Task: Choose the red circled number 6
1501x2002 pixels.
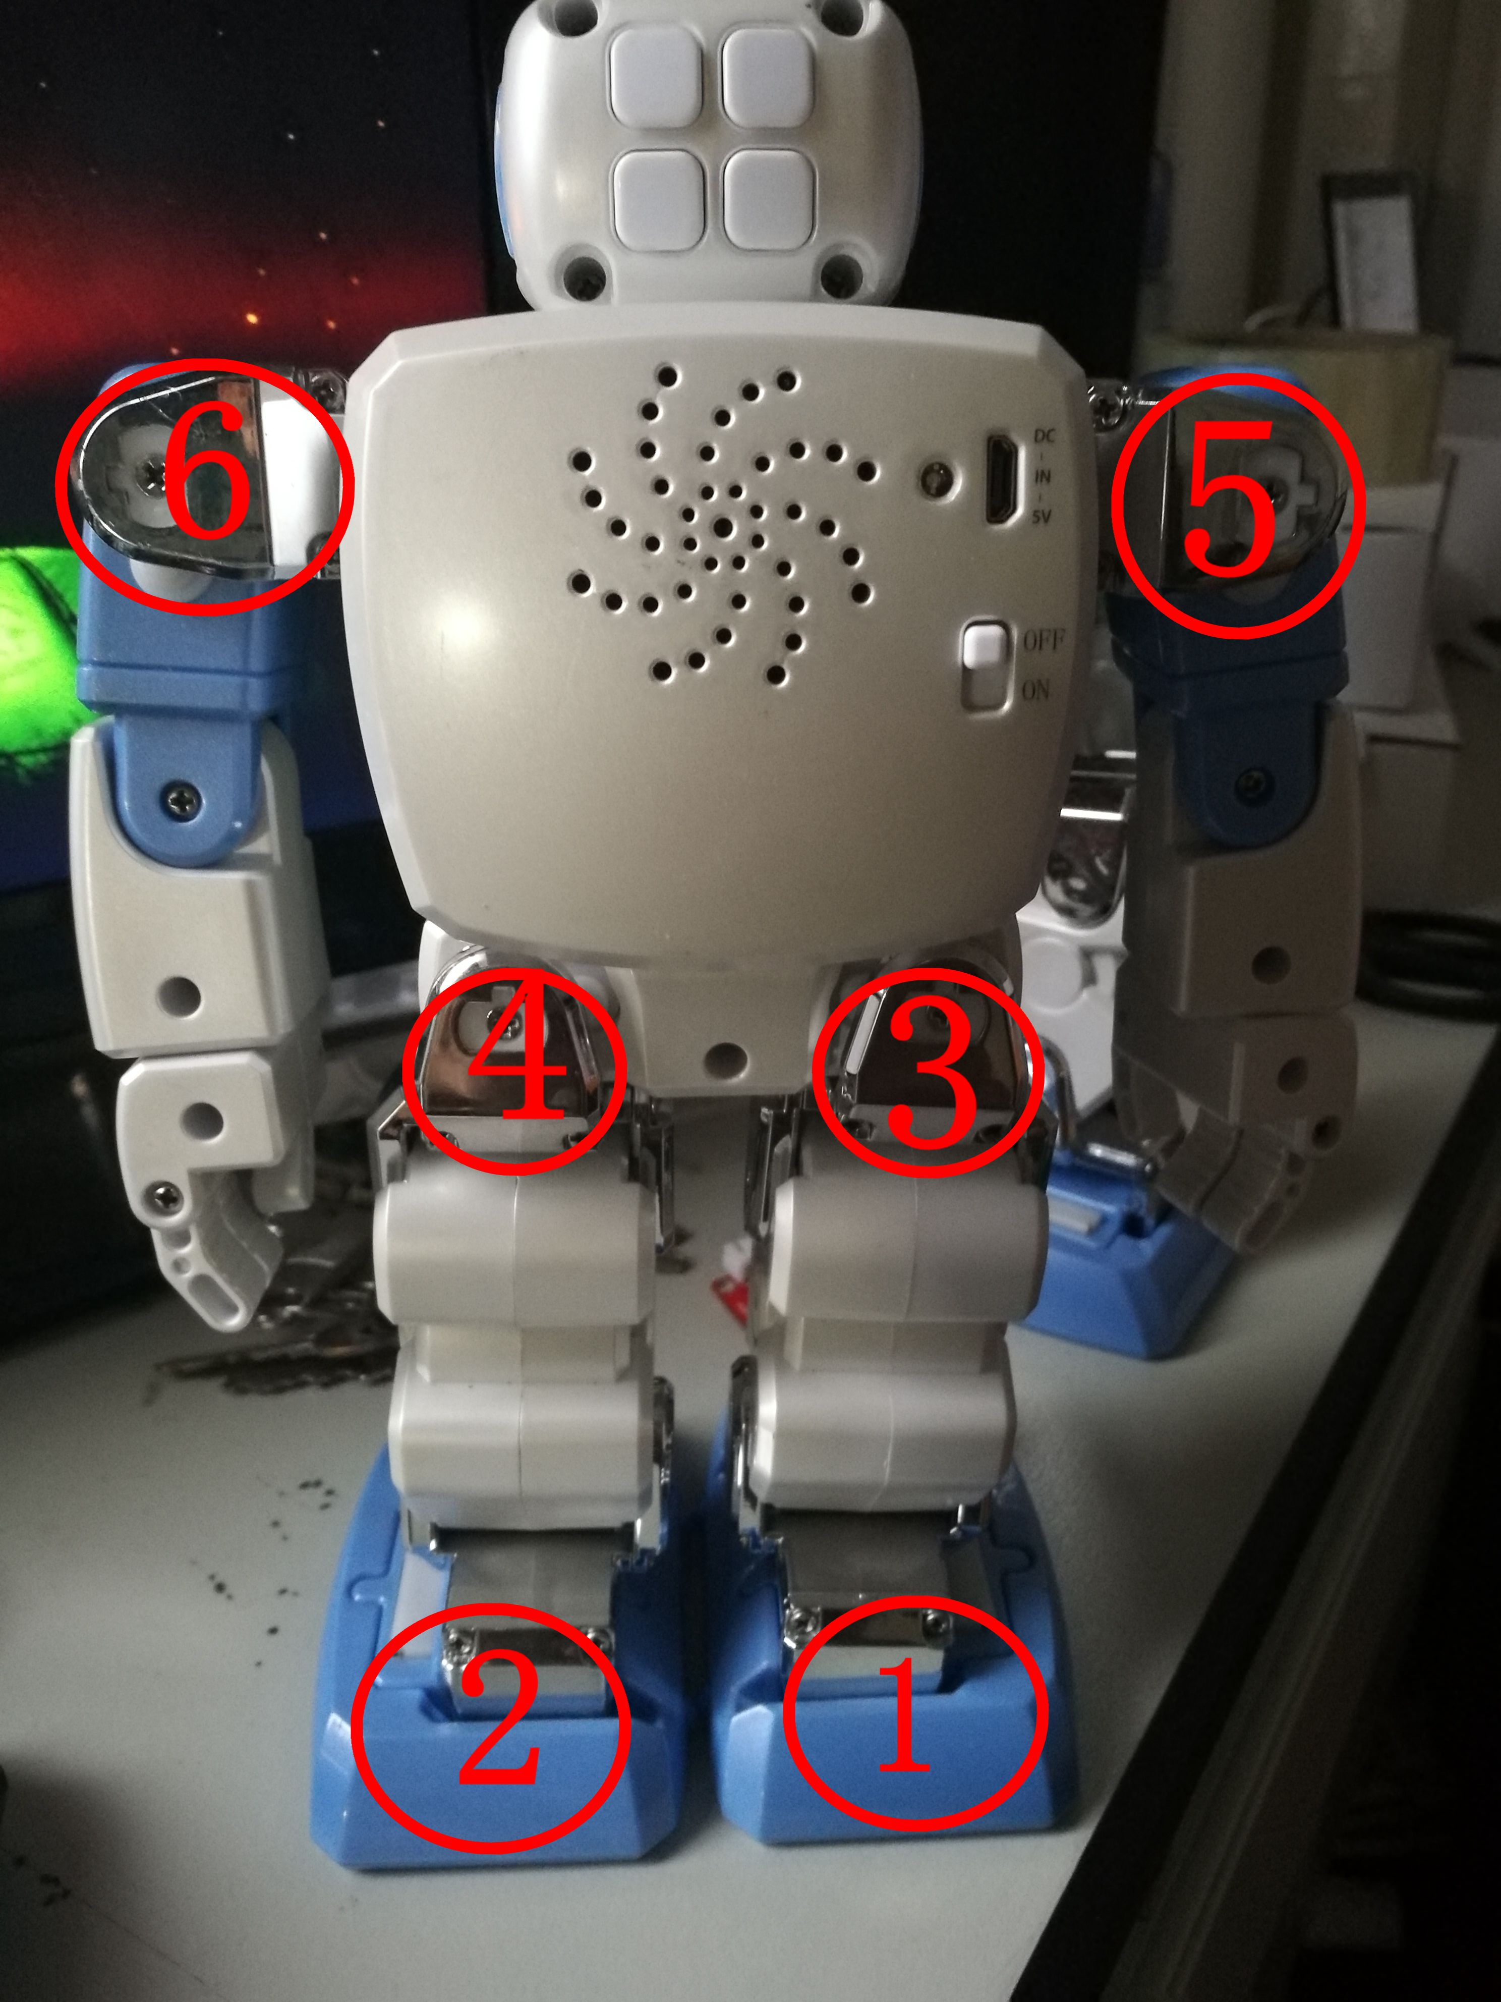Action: tap(204, 486)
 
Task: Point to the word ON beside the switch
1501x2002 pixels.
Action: tap(1036, 691)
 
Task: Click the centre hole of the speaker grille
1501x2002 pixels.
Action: tap(723, 526)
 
